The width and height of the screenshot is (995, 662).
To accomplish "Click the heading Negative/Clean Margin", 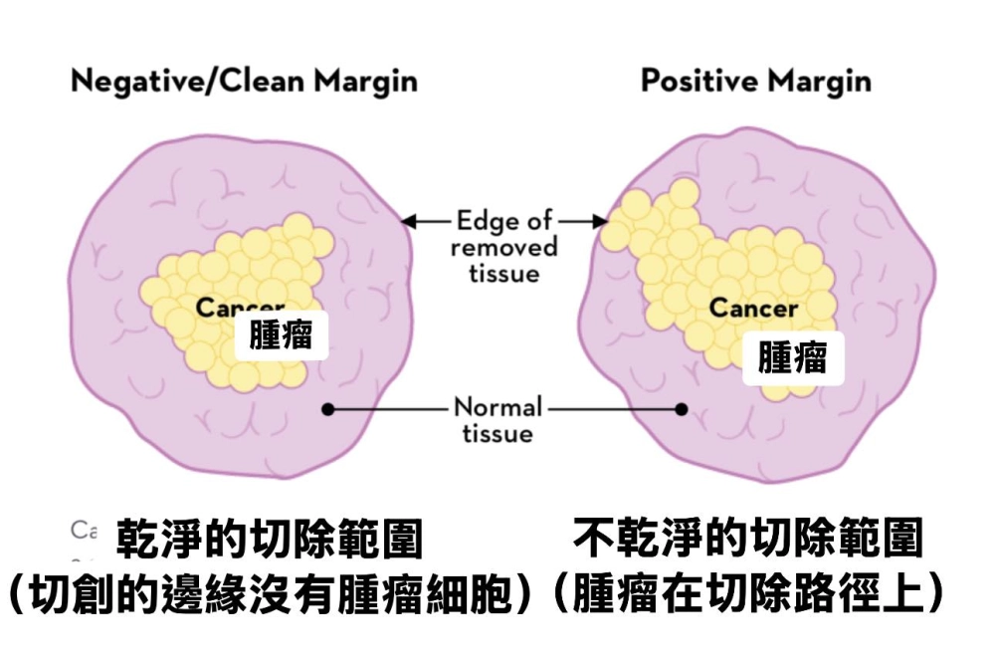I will [244, 81].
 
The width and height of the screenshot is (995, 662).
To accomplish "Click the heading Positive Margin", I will [755, 81].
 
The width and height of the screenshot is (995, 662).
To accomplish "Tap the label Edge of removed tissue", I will [505, 245].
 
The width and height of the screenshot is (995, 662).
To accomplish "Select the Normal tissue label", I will [500, 419].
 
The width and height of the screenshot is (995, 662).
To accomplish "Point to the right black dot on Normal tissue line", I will [682, 407].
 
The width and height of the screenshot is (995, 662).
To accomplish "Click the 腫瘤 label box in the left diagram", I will [281, 334].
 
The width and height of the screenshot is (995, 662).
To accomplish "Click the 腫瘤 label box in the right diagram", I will [792, 356].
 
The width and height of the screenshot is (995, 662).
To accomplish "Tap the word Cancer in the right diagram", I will [753, 308].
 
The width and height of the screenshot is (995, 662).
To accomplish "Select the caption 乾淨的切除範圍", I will [270, 541].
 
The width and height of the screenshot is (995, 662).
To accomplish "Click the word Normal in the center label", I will [497, 406].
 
